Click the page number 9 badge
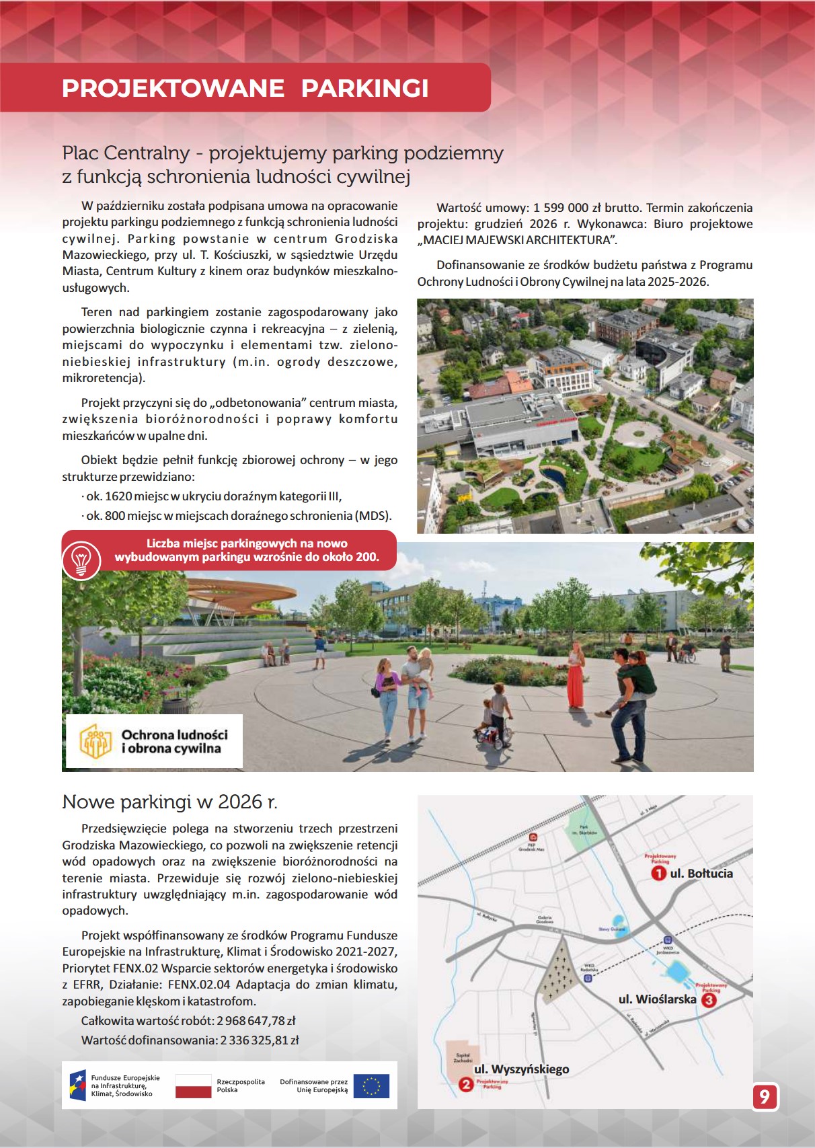click(765, 1097)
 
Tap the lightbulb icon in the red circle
click(81, 560)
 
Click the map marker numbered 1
click(658, 874)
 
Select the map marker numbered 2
click(465, 1084)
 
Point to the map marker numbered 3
click(709, 1000)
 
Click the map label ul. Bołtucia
click(701, 874)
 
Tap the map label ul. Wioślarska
click(657, 999)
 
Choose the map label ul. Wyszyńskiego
click(521, 1069)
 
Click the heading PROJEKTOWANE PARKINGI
click(245, 88)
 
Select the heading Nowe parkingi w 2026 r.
click(169, 802)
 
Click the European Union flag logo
click(371, 1085)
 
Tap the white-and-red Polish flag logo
click(194, 1085)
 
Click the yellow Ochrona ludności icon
click(95, 741)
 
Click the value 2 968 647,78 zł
click(256, 1021)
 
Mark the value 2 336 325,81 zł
click(260, 1040)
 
